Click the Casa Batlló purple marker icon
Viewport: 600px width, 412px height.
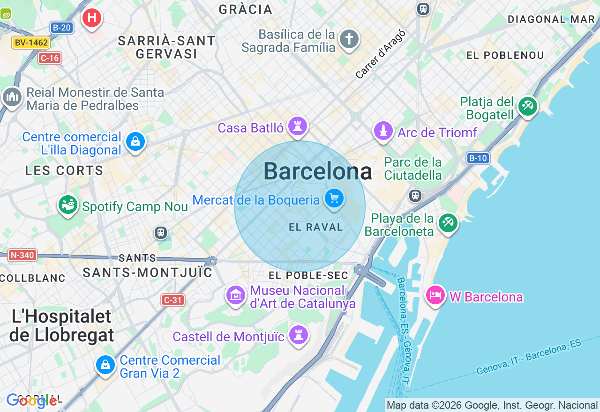tap(298, 126)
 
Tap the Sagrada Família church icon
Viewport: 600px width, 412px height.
tap(349, 39)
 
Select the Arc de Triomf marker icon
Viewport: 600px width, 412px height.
tap(383, 131)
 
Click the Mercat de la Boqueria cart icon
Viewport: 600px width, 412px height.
tap(334, 199)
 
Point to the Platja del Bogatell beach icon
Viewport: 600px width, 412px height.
tap(528, 106)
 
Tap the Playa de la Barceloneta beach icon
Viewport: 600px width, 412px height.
tap(448, 223)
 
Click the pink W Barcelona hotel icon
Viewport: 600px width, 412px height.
tap(435, 295)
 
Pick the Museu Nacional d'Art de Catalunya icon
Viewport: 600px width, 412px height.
tap(236, 295)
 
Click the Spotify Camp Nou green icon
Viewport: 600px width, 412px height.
tap(68, 205)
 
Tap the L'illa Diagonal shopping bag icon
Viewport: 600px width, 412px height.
tap(135, 141)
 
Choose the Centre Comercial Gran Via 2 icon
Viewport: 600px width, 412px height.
tap(105, 364)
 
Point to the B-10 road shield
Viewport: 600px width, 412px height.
tap(478, 158)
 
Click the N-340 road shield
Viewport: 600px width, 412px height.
tap(22, 255)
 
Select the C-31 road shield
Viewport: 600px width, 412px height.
tap(173, 300)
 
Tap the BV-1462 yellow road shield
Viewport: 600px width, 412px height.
tap(31, 43)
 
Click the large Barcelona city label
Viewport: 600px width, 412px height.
tap(318, 171)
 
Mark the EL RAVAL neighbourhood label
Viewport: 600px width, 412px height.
tap(316, 228)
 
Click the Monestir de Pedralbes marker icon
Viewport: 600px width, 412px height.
tap(12, 97)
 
